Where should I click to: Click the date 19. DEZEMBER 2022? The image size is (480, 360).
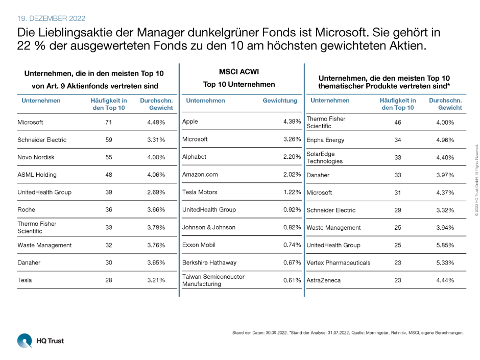(x=52, y=18)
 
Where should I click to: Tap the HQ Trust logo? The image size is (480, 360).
(x=40, y=340)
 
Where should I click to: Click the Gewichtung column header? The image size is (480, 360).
(x=280, y=101)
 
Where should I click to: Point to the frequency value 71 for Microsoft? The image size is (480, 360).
(x=108, y=122)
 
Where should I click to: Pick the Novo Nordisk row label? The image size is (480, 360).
(x=36, y=157)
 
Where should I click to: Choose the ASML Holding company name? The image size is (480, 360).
(x=37, y=175)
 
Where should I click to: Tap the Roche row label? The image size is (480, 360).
(x=26, y=210)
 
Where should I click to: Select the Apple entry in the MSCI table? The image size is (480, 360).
(x=190, y=122)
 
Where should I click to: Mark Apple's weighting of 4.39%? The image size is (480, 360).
(x=292, y=122)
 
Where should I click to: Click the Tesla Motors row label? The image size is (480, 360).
(x=200, y=192)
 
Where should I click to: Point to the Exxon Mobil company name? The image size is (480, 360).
(x=199, y=245)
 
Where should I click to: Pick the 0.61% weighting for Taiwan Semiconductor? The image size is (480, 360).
(x=292, y=280)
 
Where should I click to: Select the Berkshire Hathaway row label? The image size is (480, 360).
(x=209, y=262)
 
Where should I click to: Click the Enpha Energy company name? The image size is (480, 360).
(x=325, y=140)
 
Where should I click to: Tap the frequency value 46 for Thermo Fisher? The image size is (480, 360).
(x=397, y=123)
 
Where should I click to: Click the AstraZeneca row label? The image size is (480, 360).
(x=324, y=280)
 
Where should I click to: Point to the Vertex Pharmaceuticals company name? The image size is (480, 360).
(x=338, y=262)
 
